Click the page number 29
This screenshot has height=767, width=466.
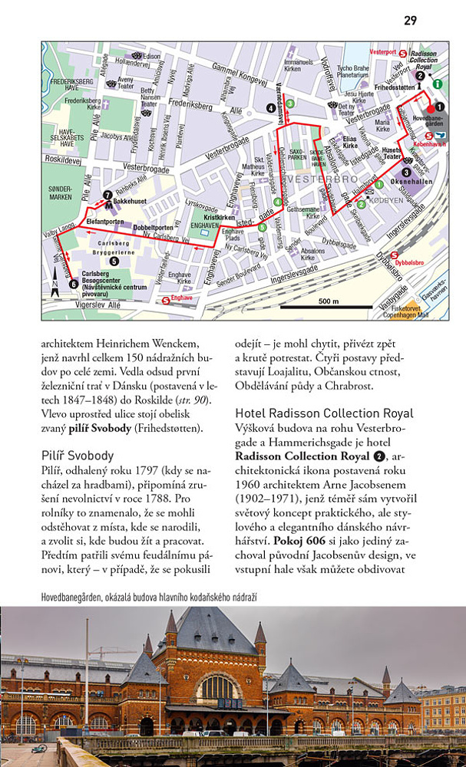[x=410, y=20]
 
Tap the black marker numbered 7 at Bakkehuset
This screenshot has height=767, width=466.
[x=108, y=194]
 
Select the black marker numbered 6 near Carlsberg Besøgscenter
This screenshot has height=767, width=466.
[x=73, y=283]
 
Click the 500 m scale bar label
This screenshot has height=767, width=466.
[x=328, y=301]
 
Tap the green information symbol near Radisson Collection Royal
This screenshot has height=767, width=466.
[x=438, y=83]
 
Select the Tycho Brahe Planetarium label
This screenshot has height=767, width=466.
[x=354, y=71]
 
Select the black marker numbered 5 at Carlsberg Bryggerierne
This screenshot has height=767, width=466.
[x=114, y=261]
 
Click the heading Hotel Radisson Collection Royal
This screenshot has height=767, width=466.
[x=324, y=413]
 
